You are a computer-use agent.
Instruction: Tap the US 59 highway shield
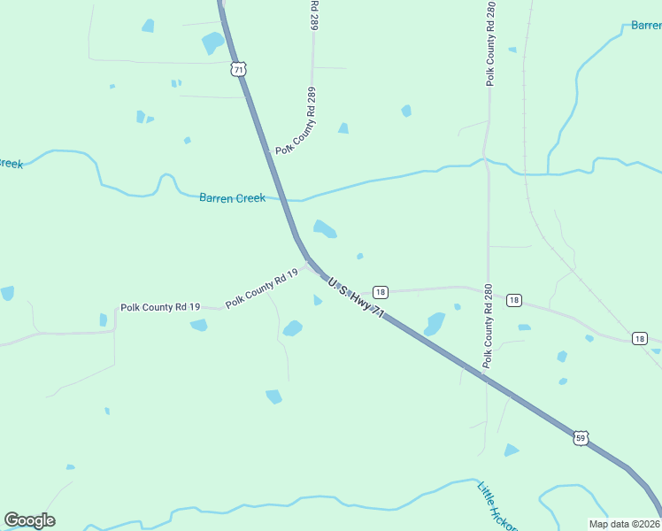click(x=581, y=438)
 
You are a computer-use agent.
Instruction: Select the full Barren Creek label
click(x=232, y=198)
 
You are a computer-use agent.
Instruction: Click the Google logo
click(x=29, y=520)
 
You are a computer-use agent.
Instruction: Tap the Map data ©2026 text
click(x=624, y=523)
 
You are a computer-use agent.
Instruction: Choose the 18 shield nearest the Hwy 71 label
click(x=380, y=292)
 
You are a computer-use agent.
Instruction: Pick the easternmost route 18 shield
click(x=640, y=338)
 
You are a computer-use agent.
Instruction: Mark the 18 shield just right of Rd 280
click(x=514, y=301)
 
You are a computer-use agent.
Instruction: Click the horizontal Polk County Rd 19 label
click(x=160, y=307)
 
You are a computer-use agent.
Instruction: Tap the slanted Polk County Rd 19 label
click(x=261, y=289)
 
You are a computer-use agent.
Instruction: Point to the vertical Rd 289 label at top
click(x=313, y=16)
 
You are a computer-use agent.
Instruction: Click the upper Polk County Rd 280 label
click(x=489, y=44)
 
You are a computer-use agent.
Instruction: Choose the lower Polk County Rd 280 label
click(x=487, y=326)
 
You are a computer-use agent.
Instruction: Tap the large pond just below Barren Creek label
click(x=325, y=229)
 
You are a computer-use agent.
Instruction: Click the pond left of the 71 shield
click(x=212, y=42)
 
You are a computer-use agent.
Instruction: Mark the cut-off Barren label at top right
click(x=645, y=26)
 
